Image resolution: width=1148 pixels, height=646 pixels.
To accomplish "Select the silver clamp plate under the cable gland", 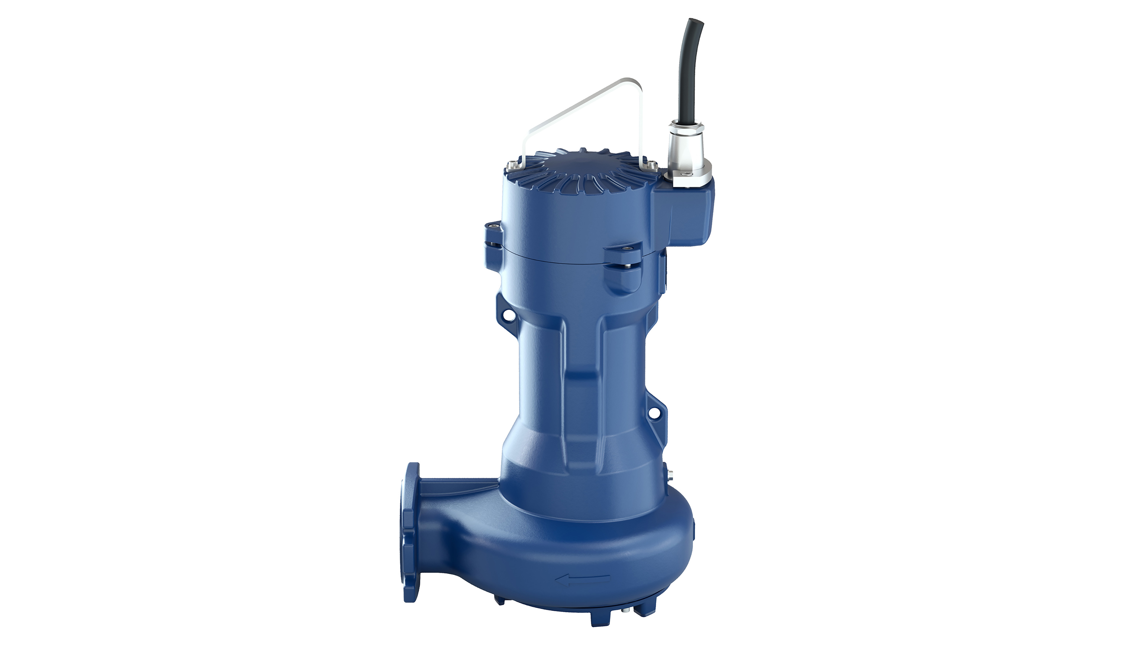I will click(689, 180).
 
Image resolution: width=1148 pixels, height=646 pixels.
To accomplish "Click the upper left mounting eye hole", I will click(508, 315).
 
